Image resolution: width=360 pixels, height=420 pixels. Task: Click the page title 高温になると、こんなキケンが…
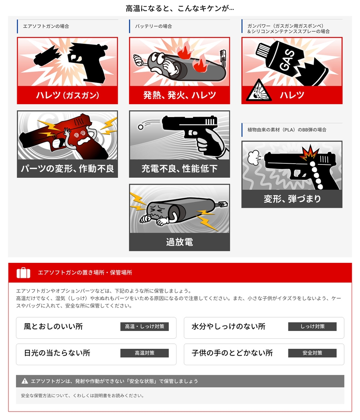click(x=180, y=9)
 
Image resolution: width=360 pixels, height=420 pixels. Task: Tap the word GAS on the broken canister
click(x=287, y=60)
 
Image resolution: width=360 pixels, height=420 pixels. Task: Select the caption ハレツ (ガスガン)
click(x=68, y=95)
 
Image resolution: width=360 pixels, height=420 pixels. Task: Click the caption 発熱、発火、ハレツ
click(x=180, y=95)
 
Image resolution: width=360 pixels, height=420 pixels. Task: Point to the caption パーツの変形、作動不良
click(x=68, y=168)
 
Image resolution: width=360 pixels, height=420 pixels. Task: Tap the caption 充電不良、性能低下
click(x=180, y=168)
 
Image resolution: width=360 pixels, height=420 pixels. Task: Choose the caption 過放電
click(x=180, y=242)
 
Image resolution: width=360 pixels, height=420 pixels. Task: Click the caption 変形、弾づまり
click(x=292, y=199)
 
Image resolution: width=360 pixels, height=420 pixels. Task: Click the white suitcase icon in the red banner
click(x=23, y=273)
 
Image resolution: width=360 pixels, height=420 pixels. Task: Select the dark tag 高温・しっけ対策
click(x=145, y=327)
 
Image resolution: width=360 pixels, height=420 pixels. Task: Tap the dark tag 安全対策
click(x=312, y=353)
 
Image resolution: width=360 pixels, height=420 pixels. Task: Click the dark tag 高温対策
click(x=145, y=353)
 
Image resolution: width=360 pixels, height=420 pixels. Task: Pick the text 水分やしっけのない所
click(x=229, y=327)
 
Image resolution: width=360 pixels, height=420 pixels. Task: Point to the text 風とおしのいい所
click(x=53, y=327)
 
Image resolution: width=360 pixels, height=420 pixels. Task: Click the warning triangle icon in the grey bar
click(x=24, y=381)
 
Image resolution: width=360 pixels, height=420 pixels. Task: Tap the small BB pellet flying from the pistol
click(x=141, y=127)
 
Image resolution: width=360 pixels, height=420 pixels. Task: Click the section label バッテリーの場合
click(x=154, y=26)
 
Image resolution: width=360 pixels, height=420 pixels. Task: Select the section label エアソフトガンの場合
click(x=46, y=26)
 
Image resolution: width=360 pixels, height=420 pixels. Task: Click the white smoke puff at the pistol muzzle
click(x=254, y=157)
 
